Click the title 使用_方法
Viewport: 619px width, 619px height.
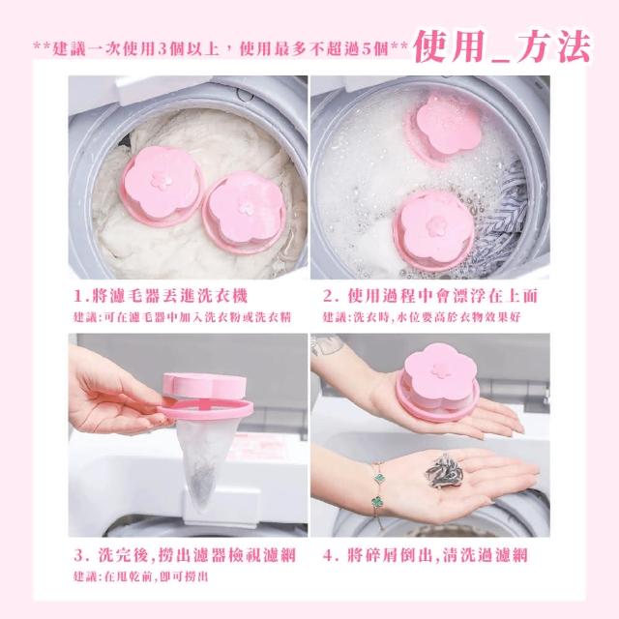(502, 46)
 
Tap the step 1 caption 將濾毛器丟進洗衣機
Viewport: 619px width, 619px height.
(162, 296)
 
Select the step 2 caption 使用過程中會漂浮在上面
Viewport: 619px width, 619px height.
(430, 296)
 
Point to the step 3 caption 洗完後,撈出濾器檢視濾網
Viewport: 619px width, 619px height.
(185, 555)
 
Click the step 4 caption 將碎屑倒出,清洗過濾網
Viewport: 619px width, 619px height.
(426, 555)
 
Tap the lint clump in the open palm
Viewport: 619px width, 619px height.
(443, 472)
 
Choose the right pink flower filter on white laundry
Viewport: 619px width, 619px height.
(244, 212)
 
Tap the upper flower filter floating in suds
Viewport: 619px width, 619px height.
(446, 129)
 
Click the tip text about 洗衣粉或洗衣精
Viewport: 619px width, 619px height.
(183, 317)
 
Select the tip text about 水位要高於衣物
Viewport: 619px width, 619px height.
(422, 317)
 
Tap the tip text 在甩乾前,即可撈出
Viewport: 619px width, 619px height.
(140, 576)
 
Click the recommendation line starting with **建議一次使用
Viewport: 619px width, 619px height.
(221, 49)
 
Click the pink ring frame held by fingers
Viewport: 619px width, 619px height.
(204, 409)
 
